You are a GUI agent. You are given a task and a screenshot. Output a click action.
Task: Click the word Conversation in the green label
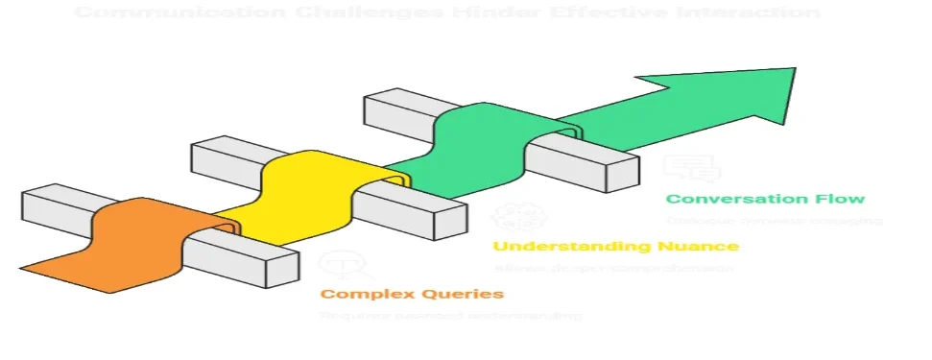tap(734, 199)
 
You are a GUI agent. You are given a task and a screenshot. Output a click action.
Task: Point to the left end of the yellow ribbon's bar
tap(200, 154)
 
